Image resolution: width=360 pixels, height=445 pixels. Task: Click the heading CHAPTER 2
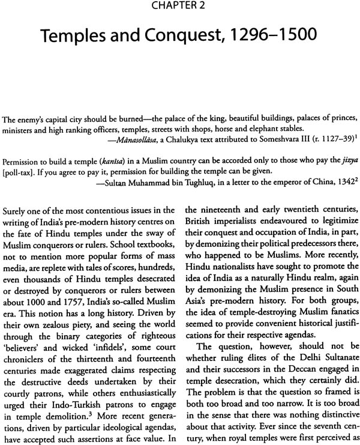point(180,8)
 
